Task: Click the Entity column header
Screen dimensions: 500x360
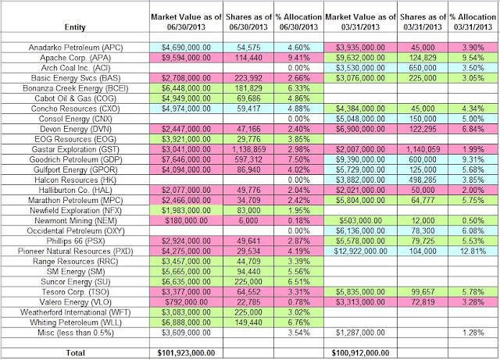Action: [75, 27]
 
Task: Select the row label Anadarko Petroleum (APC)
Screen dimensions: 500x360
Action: [76, 48]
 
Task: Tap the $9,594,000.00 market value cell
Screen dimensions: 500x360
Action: [186, 58]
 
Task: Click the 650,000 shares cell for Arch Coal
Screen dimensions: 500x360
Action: [423, 68]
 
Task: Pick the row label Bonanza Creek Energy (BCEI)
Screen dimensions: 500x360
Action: [76, 88]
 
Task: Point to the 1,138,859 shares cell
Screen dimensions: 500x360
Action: [248, 149]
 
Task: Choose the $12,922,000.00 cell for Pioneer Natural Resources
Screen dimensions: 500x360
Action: [360, 251]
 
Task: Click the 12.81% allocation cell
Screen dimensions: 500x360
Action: [473, 251]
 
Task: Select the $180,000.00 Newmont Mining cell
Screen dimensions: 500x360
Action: [186, 221]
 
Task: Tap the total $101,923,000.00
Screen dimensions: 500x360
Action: [186, 353]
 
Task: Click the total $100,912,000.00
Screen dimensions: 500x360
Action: [360, 353]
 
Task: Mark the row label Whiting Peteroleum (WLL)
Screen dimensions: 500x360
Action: [76, 323]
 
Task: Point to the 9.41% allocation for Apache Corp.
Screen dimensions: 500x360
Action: [298, 58]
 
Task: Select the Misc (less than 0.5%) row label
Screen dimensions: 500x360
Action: [76, 333]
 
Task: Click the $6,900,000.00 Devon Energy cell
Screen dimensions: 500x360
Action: [360, 129]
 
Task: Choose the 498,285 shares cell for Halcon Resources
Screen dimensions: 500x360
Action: [423, 180]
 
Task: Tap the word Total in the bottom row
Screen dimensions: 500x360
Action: [75, 353]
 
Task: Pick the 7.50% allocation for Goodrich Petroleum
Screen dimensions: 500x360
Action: [298, 159]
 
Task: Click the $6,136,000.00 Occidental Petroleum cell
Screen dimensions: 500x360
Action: [360, 231]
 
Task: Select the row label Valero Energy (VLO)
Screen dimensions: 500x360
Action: [76, 302]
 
